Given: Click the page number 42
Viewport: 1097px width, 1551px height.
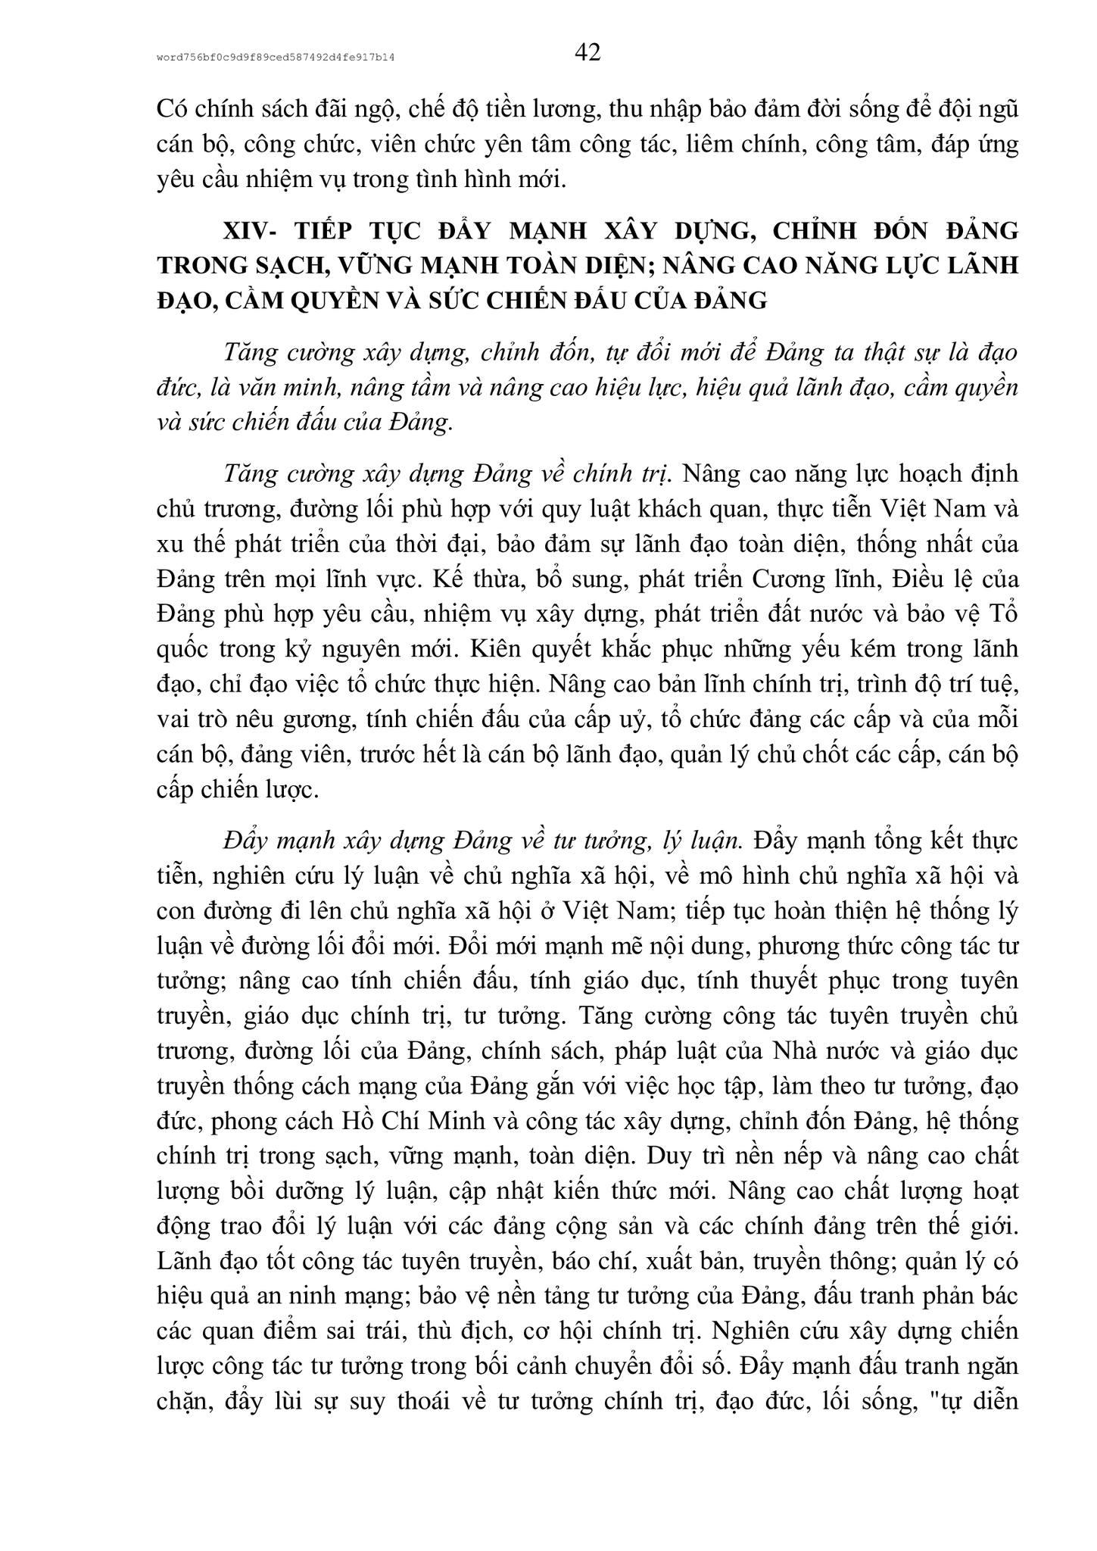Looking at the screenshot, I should click(x=587, y=52).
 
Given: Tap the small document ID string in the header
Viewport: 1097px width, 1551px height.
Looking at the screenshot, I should click(x=277, y=57).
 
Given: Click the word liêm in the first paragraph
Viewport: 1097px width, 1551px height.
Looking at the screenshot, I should click(x=704, y=144).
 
